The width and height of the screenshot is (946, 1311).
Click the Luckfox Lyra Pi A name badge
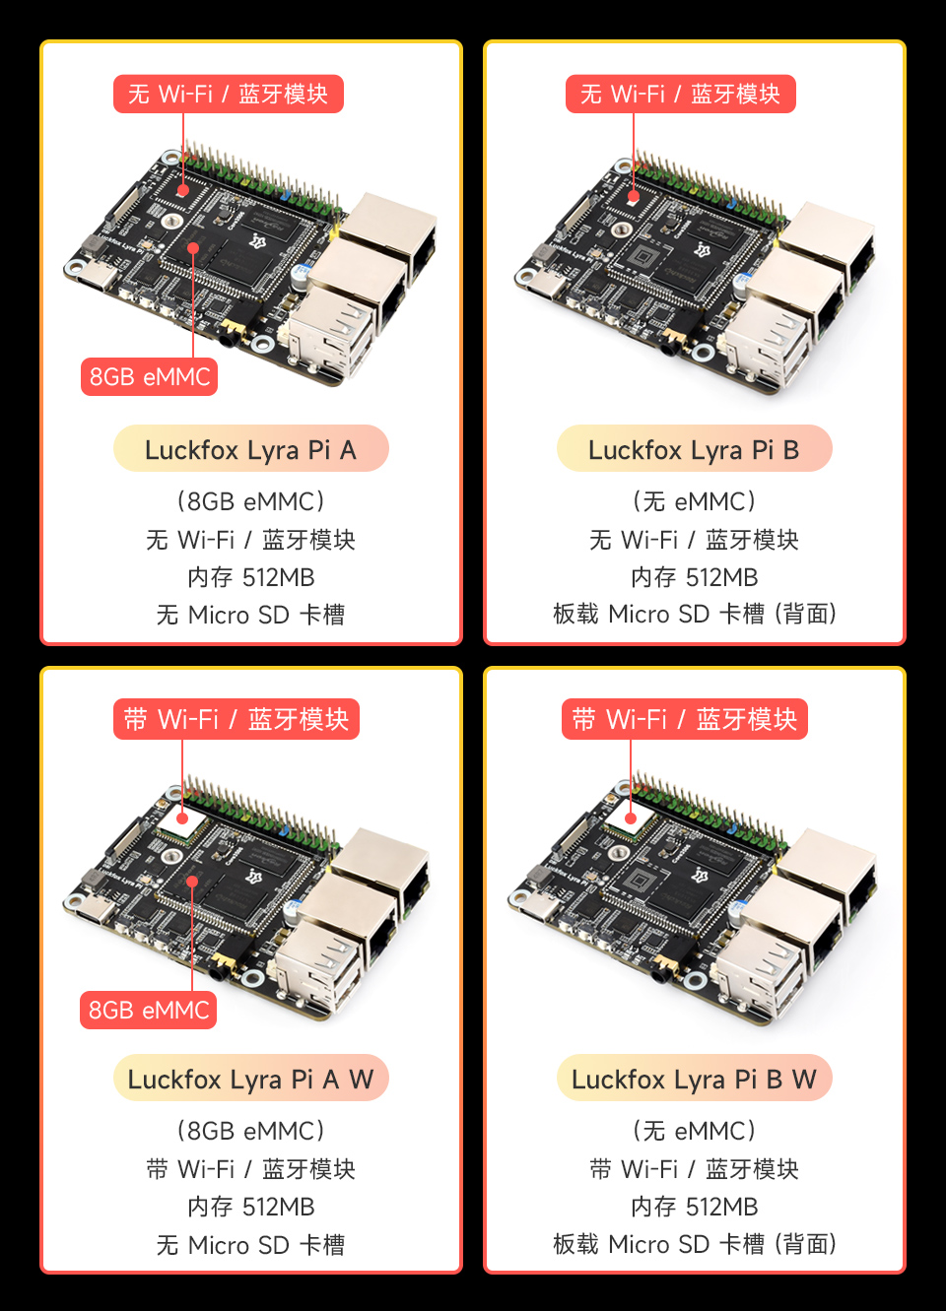[250, 449]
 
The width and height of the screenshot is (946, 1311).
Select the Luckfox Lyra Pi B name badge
[694, 449]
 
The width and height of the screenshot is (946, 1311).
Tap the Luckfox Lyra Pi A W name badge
[250, 1079]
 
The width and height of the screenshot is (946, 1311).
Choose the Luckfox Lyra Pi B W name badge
[694, 1079]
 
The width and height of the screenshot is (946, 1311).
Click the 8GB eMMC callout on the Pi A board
[149, 376]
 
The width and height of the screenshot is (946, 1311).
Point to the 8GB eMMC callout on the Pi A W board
[149, 1010]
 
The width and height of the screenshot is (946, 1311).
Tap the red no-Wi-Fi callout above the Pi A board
[228, 94]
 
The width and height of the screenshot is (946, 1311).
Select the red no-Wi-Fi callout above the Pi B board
[680, 94]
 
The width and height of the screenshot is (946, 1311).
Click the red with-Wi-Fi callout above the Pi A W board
[236, 719]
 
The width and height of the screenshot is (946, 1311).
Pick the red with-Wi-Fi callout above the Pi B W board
[685, 719]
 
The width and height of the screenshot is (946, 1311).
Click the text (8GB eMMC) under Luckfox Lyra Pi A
[250, 501]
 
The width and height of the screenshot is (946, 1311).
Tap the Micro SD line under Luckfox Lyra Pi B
[694, 614]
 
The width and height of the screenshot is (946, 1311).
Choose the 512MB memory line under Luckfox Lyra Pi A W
[250, 1207]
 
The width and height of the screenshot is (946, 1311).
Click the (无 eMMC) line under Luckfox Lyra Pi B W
[694, 1131]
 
